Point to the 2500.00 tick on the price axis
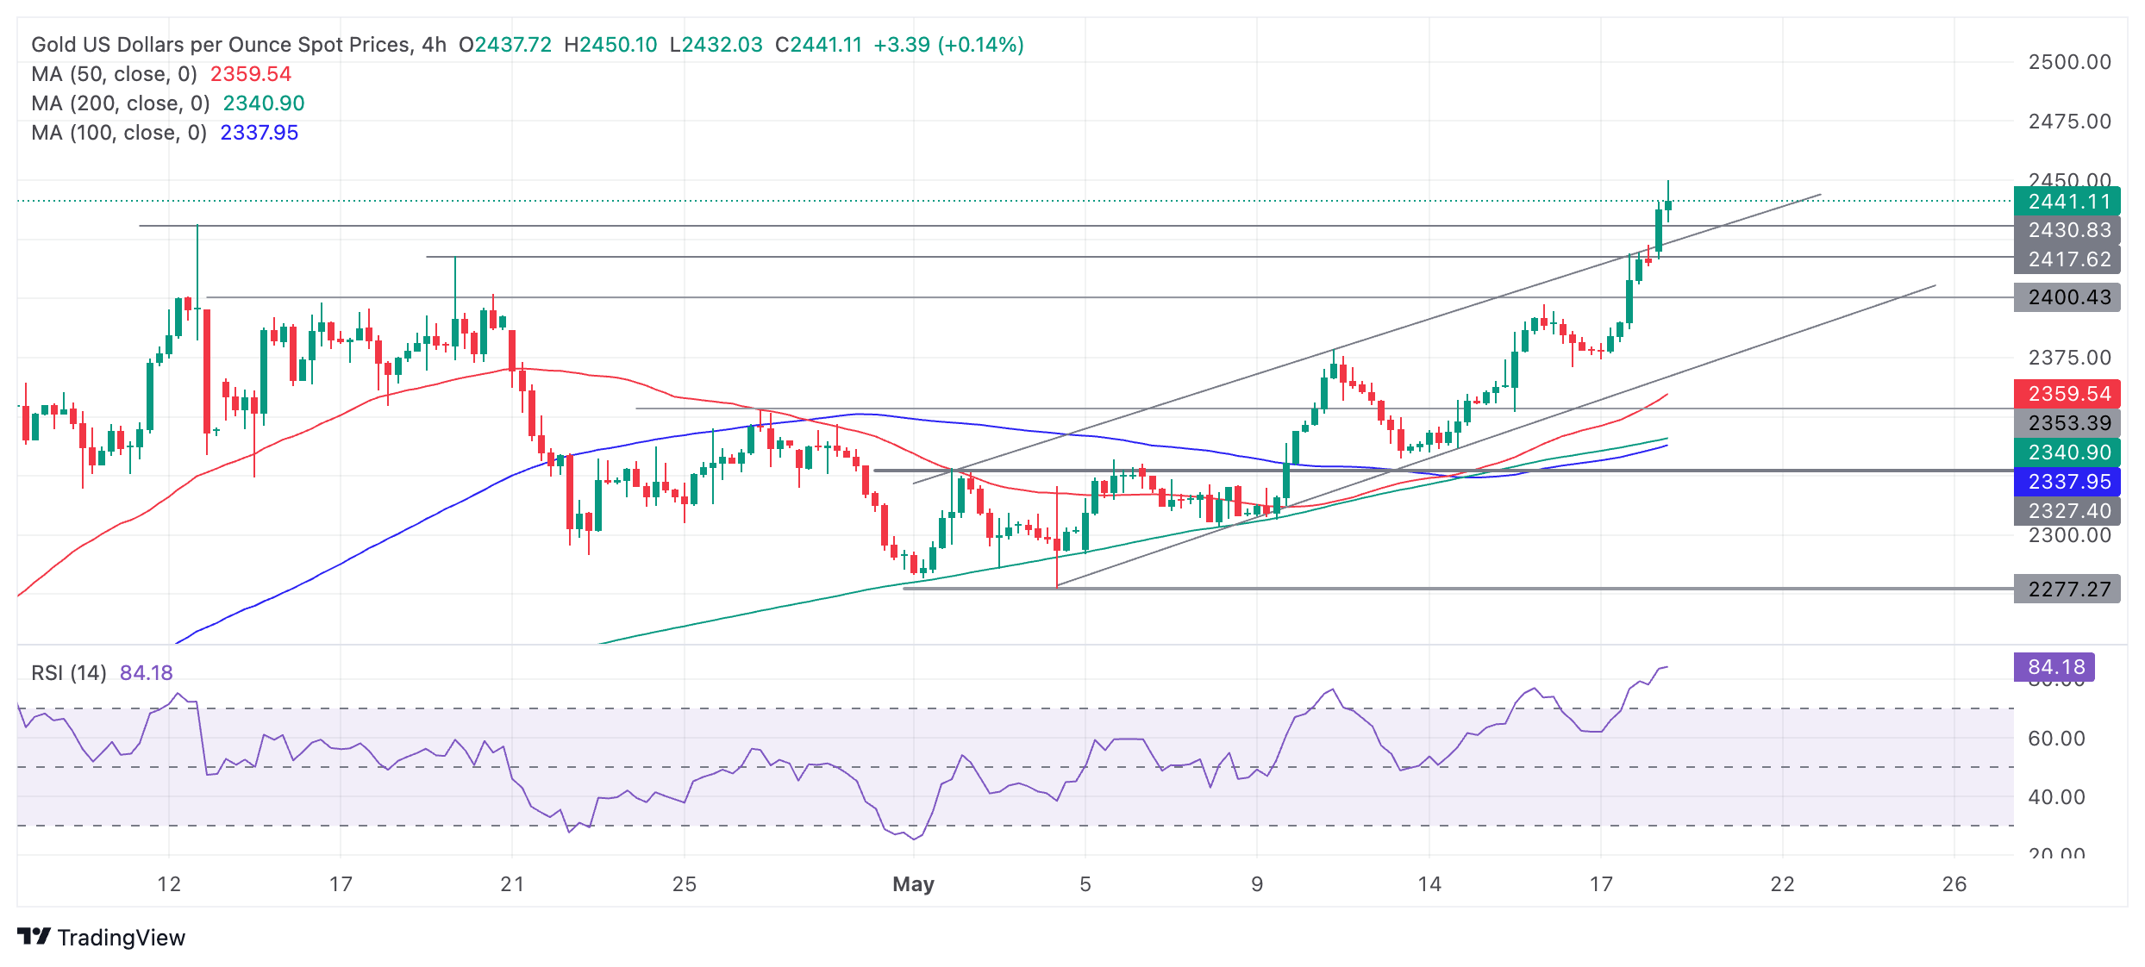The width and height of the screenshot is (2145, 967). click(x=2069, y=62)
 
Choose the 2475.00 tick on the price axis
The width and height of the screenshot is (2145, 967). click(x=2069, y=122)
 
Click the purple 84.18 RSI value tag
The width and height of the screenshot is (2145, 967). click(x=2056, y=667)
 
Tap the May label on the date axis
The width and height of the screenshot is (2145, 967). click(x=913, y=884)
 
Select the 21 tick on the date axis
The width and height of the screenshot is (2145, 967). click(x=512, y=884)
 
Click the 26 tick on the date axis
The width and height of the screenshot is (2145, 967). click(x=1954, y=884)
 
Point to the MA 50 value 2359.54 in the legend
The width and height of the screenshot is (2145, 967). click(x=251, y=74)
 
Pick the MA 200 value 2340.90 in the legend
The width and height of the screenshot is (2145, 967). click(x=264, y=103)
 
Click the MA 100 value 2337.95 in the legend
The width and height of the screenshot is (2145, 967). click(x=260, y=133)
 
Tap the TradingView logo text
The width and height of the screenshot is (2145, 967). click(x=121, y=938)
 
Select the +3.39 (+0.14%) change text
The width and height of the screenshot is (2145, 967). click(x=948, y=45)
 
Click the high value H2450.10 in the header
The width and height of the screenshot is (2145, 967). click(x=610, y=45)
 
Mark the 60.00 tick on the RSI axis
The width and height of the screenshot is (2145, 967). click(x=2056, y=739)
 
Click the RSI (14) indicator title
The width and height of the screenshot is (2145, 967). click(x=69, y=673)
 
